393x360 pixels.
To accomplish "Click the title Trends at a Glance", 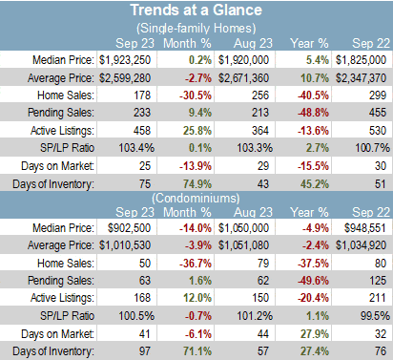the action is pyautogui.click(x=196, y=10).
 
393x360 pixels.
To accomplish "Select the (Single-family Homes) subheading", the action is pyautogui.click(x=196, y=29).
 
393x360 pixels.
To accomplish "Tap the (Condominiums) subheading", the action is pyautogui.click(x=196, y=199).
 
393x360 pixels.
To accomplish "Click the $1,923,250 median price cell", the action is pyautogui.click(x=125, y=60).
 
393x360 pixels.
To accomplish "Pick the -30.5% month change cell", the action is pyautogui.click(x=196, y=95).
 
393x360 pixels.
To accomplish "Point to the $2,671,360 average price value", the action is pyautogui.click(x=243, y=78).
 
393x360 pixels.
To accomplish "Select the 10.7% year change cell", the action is pyautogui.click(x=315, y=78).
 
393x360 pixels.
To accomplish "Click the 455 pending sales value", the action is pyautogui.click(x=378, y=113).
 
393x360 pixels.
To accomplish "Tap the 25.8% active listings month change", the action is pyautogui.click(x=197, y=131).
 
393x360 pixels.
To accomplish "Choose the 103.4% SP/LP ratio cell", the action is pyautogui.click(x=136, y=148).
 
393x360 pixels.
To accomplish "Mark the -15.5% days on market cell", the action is pyautogui.click(x=313, y=166).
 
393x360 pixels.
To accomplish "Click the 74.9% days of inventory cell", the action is pyautogui.click(x=197, y=184).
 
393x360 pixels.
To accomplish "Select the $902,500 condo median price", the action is pyautogui.click(x=129, y=228).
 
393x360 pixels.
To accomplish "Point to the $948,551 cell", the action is pyautogui.click(x=365, y=228).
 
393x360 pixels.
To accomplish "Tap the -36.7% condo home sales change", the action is pyautogui.click(x=196, y=264).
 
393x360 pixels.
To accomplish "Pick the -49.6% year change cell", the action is pyautogui.click(x=313, y=281).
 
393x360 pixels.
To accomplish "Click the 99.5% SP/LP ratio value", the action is pyautogui.click(x=375, y=316).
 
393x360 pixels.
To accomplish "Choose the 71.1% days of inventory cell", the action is pyautogui.click(x=197, y=351).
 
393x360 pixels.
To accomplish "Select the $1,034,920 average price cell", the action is pyautogui.click(x=362, y=245).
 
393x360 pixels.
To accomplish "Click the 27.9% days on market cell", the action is pyautogui.click(x=315, y=334).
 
